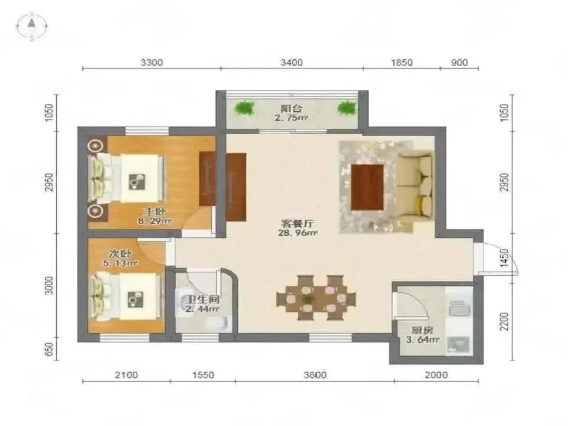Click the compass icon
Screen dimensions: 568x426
32,25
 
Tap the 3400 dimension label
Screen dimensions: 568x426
291,63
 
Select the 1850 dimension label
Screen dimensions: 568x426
401,63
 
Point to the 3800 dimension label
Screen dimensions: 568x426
315,375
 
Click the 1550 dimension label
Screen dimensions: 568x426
203,375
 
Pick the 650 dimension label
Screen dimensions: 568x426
49,349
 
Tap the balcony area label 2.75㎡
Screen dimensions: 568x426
291,117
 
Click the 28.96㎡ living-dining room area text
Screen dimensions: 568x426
298,233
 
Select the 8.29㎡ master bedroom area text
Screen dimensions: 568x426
154,221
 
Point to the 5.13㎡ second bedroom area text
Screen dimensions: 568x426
120,263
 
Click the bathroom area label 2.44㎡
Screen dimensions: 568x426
202,309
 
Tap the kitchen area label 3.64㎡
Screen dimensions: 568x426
422,340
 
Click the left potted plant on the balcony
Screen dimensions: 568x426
244,108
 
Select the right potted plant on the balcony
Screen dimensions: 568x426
347,108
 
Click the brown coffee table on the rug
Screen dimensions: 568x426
367,188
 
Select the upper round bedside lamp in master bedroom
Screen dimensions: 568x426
95,146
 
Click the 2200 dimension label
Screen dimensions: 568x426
504,321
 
